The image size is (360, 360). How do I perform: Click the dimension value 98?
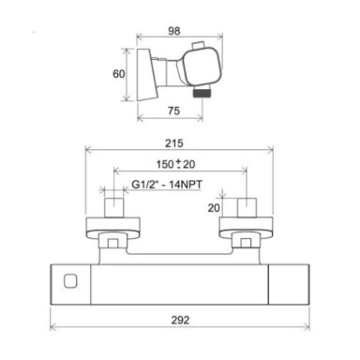(x=174, y=31)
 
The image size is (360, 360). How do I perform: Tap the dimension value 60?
(x=118, y=74)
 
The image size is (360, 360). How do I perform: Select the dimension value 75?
(x=173, y=111)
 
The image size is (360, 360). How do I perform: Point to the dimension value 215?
(x=174, y=143)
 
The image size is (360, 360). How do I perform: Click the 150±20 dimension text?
(x=175, y=164)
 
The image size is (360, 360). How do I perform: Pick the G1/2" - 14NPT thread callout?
(x=167, y=185)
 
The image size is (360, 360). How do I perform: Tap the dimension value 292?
(x=180, y=320)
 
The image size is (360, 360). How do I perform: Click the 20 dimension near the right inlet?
(x=214, y=208)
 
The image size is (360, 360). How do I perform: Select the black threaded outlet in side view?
(x=202, y=93)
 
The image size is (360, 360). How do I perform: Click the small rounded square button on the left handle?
(x=70, y=280)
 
